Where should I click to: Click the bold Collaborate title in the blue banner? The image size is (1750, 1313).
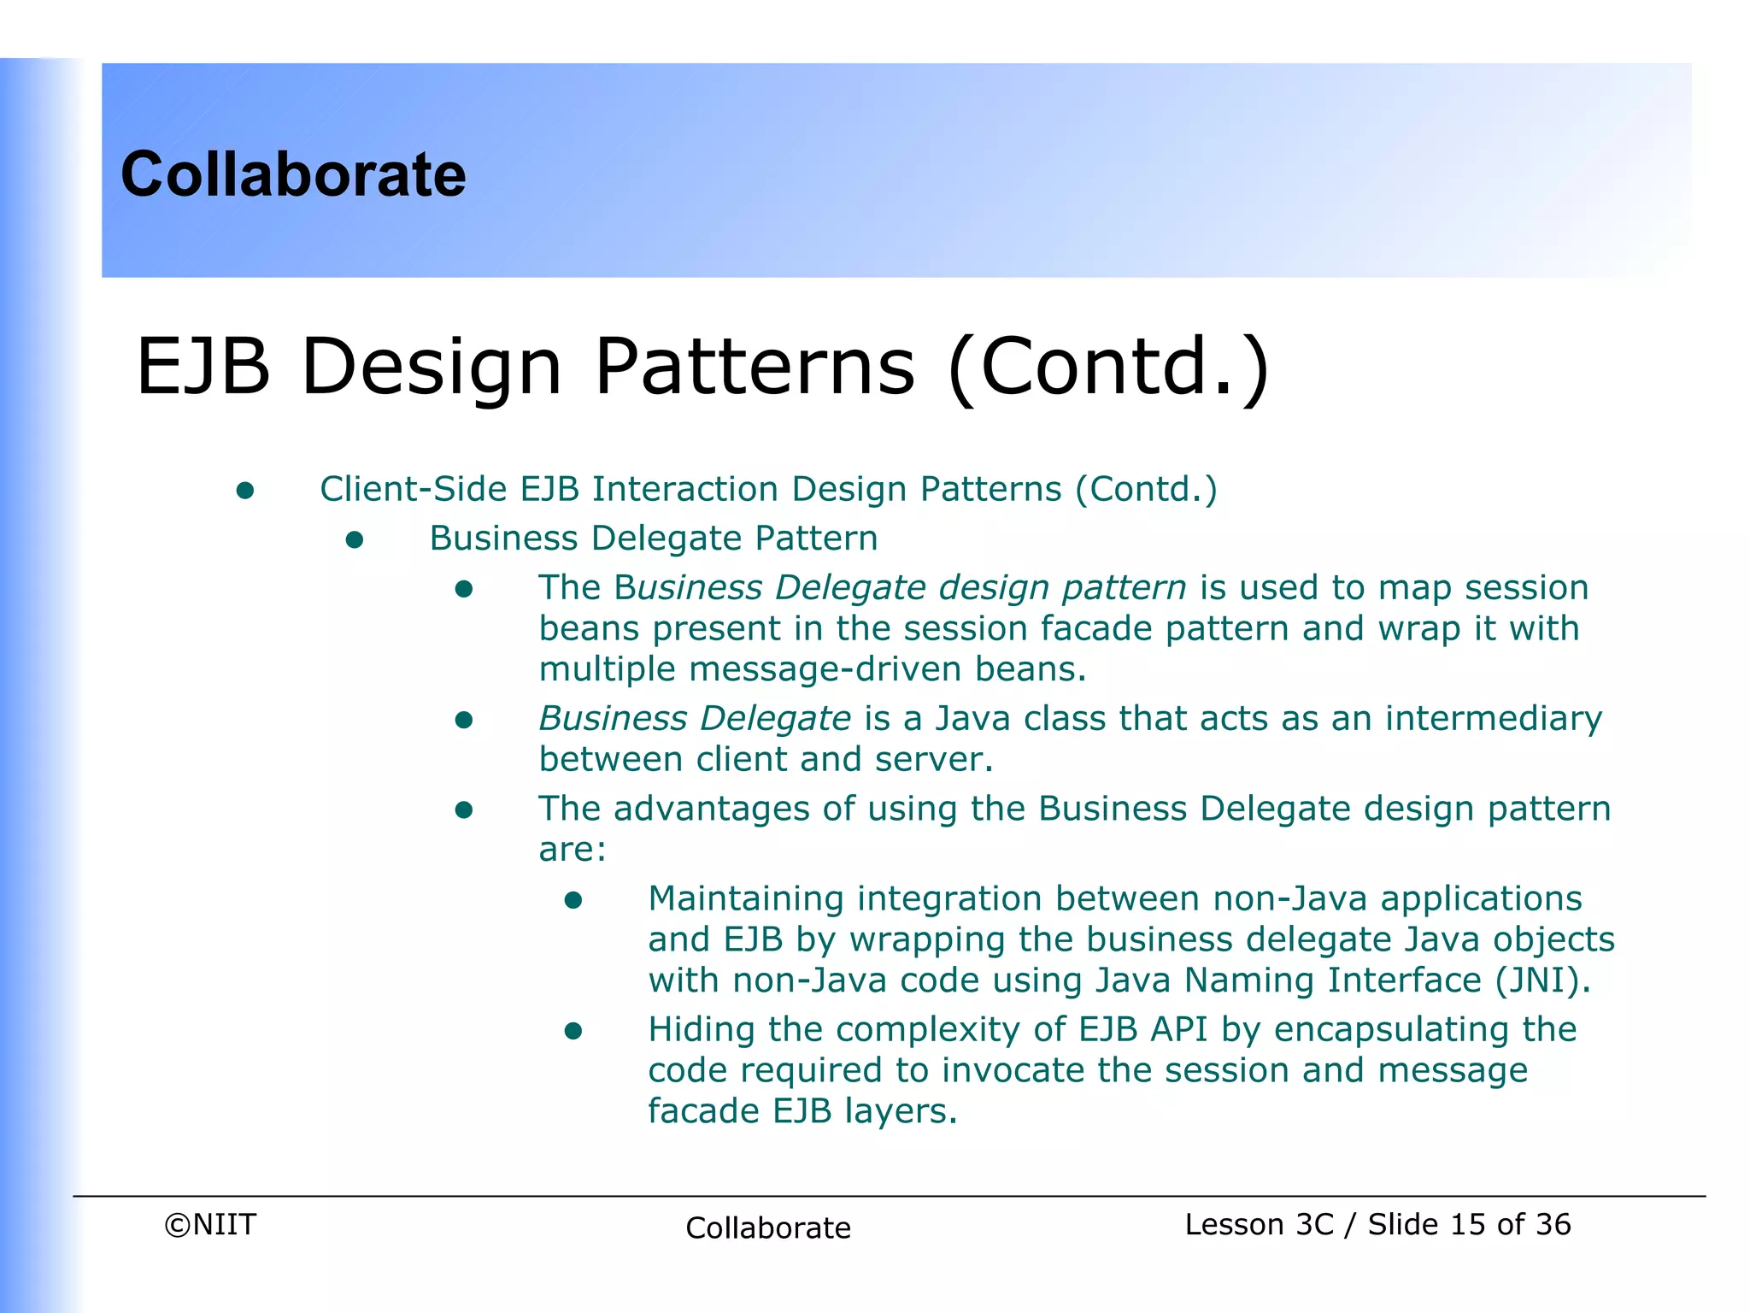pyautogui.click(x=293, y=174)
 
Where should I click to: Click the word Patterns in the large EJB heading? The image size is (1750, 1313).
pyautogui.click(x=755, y=367)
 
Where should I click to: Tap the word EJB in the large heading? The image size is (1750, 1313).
pyautogui.click(x=203, y=367)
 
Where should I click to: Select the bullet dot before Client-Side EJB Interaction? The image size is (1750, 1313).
pyautogui.click(x=245, y=490)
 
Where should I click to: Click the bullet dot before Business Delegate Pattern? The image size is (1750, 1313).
pyautogui.click(x=355, y=539)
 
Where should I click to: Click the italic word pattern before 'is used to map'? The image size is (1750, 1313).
pyautogui.click(x=1124, y=588)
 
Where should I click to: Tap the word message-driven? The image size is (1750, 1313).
pyautogui.click(x=825, y=668)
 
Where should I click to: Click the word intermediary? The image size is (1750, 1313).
pyautogui.click(x=1493, y=719)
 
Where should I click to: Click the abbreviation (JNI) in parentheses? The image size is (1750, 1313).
pyautogui.click(x=1542, y=980)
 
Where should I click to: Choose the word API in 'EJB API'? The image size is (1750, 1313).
pyautogui.click(x=1179, y=1029)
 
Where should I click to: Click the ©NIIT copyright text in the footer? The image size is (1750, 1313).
pyautogui.click(x=210, y=1224)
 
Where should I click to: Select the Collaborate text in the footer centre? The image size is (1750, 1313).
pyautogui.click(x=767, y=1228)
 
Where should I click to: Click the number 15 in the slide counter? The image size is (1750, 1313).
pyautogui.click(x=1467, y=1224)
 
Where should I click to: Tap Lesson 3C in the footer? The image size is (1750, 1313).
pyautogui.click(x=1259, y=1224)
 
